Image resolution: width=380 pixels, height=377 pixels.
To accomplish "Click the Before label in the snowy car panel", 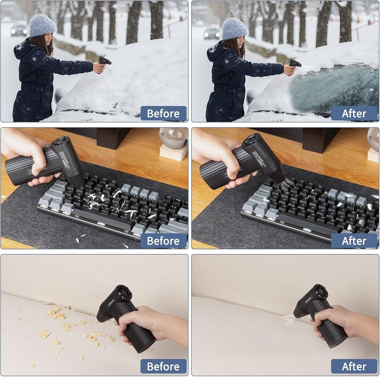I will click(x=163, y=113).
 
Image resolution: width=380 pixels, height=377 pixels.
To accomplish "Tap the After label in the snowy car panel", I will click(x=354, y=113).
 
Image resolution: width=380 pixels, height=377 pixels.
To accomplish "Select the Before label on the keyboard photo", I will click(x=163, y=240).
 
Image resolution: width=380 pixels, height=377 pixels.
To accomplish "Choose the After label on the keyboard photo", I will click(x=354, y=240).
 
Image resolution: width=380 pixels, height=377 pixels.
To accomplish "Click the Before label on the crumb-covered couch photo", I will click(x=163, y=366).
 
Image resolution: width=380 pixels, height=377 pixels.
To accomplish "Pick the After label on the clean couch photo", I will click(x=354, y=366).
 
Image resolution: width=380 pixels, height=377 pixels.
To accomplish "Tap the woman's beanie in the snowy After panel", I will click(x=235, y=29).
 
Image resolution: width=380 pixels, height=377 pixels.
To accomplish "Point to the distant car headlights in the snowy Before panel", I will click(x=19, y=31).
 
